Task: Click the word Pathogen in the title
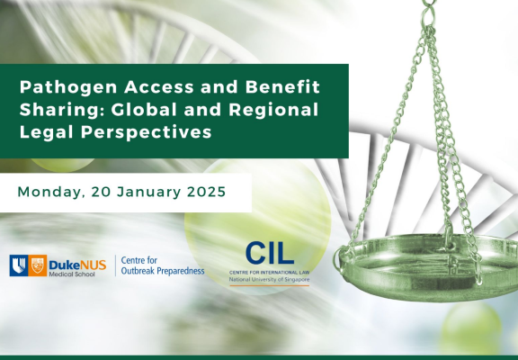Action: click(68, 87)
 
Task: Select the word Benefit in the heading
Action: click(282, 86)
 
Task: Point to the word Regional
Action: click(273, 111)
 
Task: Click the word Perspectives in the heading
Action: click(146, 133)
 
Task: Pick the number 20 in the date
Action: click(101, 192)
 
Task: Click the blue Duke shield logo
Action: click(19, 265)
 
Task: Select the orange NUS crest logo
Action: click(38, 265)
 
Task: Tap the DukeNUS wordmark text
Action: click(77, 265)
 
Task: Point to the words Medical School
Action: click(72, 274)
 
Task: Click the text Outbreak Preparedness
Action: click(163, 271)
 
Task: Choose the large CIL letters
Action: click(270, 253)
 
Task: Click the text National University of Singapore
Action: click(269, 280)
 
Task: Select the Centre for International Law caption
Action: click(269, 273)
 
